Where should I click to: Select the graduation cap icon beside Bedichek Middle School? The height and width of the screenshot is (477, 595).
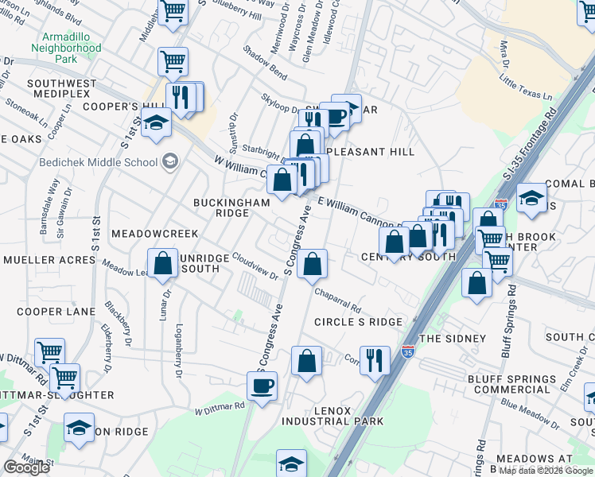(x=169, y=162)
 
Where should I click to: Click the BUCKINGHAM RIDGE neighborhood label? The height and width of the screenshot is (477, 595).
(x=232, y=207)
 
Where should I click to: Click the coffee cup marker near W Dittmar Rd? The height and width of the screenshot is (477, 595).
(x=262, y=387)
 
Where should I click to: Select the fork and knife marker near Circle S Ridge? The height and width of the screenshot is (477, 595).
(x=375, y=359)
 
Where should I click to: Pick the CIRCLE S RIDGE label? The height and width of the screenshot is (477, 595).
(x=358, y=321)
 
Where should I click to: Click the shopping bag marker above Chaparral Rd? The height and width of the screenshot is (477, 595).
(x=313, y=265)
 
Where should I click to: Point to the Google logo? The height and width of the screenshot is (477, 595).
(x=26, y=467)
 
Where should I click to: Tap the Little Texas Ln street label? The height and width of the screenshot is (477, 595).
(x=526, y=87)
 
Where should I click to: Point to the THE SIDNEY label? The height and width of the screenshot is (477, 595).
(x=452, y=338)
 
